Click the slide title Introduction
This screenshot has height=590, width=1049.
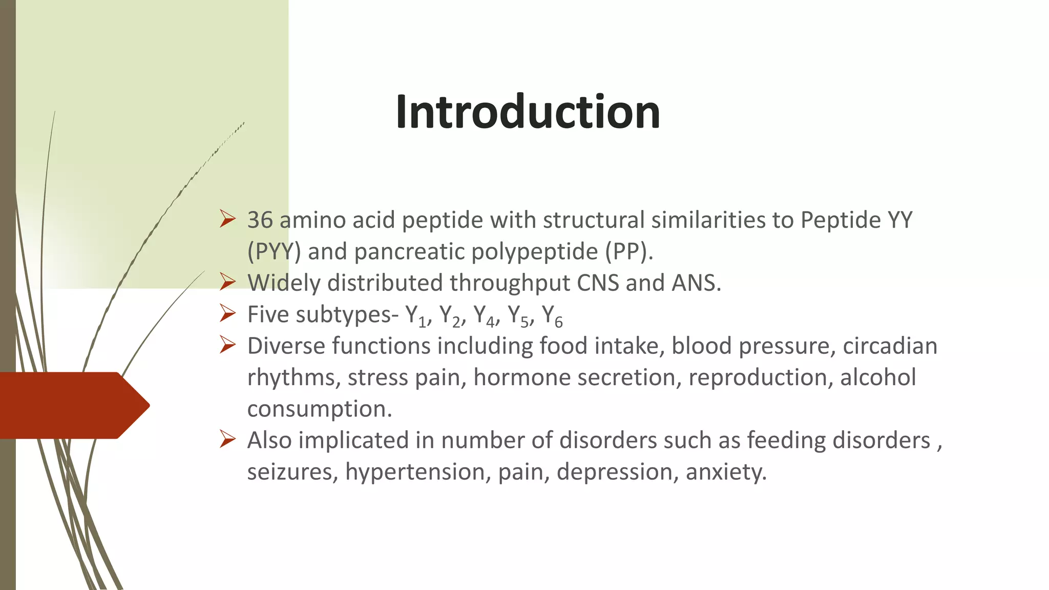point(528,112)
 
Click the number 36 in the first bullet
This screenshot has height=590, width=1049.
point(260,220)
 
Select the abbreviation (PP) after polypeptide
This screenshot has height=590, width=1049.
point(628,252)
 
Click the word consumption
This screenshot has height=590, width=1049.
point(319,409)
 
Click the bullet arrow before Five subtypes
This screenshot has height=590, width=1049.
point(227,313)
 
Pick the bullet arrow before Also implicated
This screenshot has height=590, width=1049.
point(227,439)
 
